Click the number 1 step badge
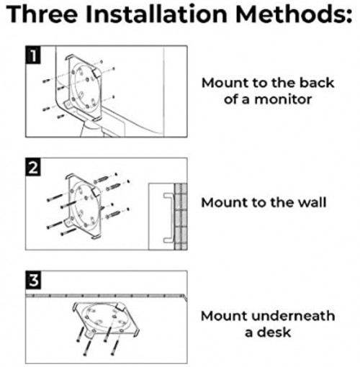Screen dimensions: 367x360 [x=33, y=55]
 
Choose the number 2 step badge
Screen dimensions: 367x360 [x=33, y=168]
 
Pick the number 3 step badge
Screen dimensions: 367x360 [x=33, y=280]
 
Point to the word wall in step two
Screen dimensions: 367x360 [x=310, y=202]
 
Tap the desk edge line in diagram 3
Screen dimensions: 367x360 [x=108, y=295]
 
